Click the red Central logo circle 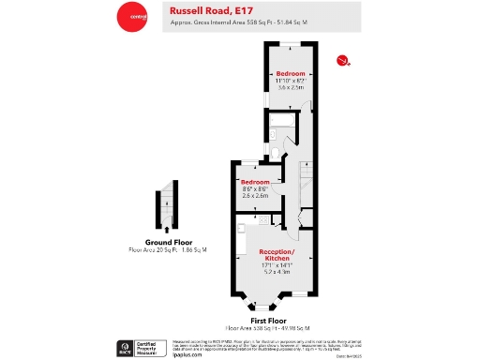click(131, 16)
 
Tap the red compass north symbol click(343, 62)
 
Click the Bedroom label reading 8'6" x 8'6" click(256, 182)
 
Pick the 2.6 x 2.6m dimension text click(256, 195)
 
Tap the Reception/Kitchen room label click(277, 257)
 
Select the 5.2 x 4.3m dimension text click(277, 272)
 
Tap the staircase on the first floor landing click(306, 178)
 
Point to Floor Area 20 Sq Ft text click(170, 250)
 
